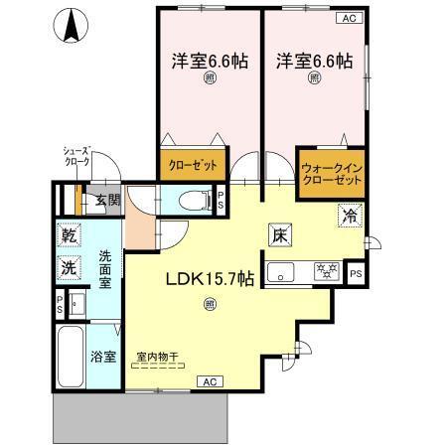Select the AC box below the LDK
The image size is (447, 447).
tap(210, 380)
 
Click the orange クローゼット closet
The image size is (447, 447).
tap(191, 165)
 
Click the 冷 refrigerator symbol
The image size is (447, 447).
tap(349, 214)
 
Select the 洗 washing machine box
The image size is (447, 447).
tap(71, 267)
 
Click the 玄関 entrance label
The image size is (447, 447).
tap(107, 200)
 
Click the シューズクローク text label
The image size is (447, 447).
tap(75, 156)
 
